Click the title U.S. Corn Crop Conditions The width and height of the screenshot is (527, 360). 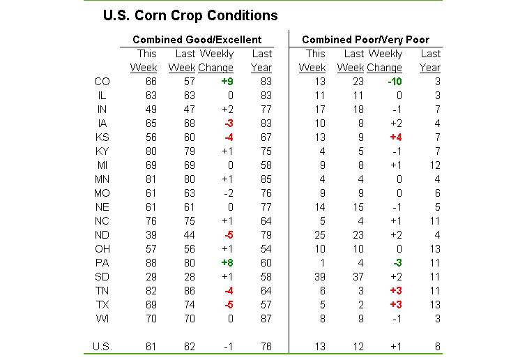click(190, 15)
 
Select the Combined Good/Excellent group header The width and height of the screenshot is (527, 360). click(197, 40)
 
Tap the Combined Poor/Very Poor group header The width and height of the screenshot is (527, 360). click(365, 40)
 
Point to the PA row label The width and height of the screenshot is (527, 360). click(101, 263)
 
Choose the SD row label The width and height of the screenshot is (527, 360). click(101, 277)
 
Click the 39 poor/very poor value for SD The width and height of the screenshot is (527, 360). click(318, 277)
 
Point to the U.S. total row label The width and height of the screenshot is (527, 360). click(102, 346)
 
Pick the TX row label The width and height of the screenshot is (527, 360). click(101, 305)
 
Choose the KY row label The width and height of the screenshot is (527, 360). click(101, 151)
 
